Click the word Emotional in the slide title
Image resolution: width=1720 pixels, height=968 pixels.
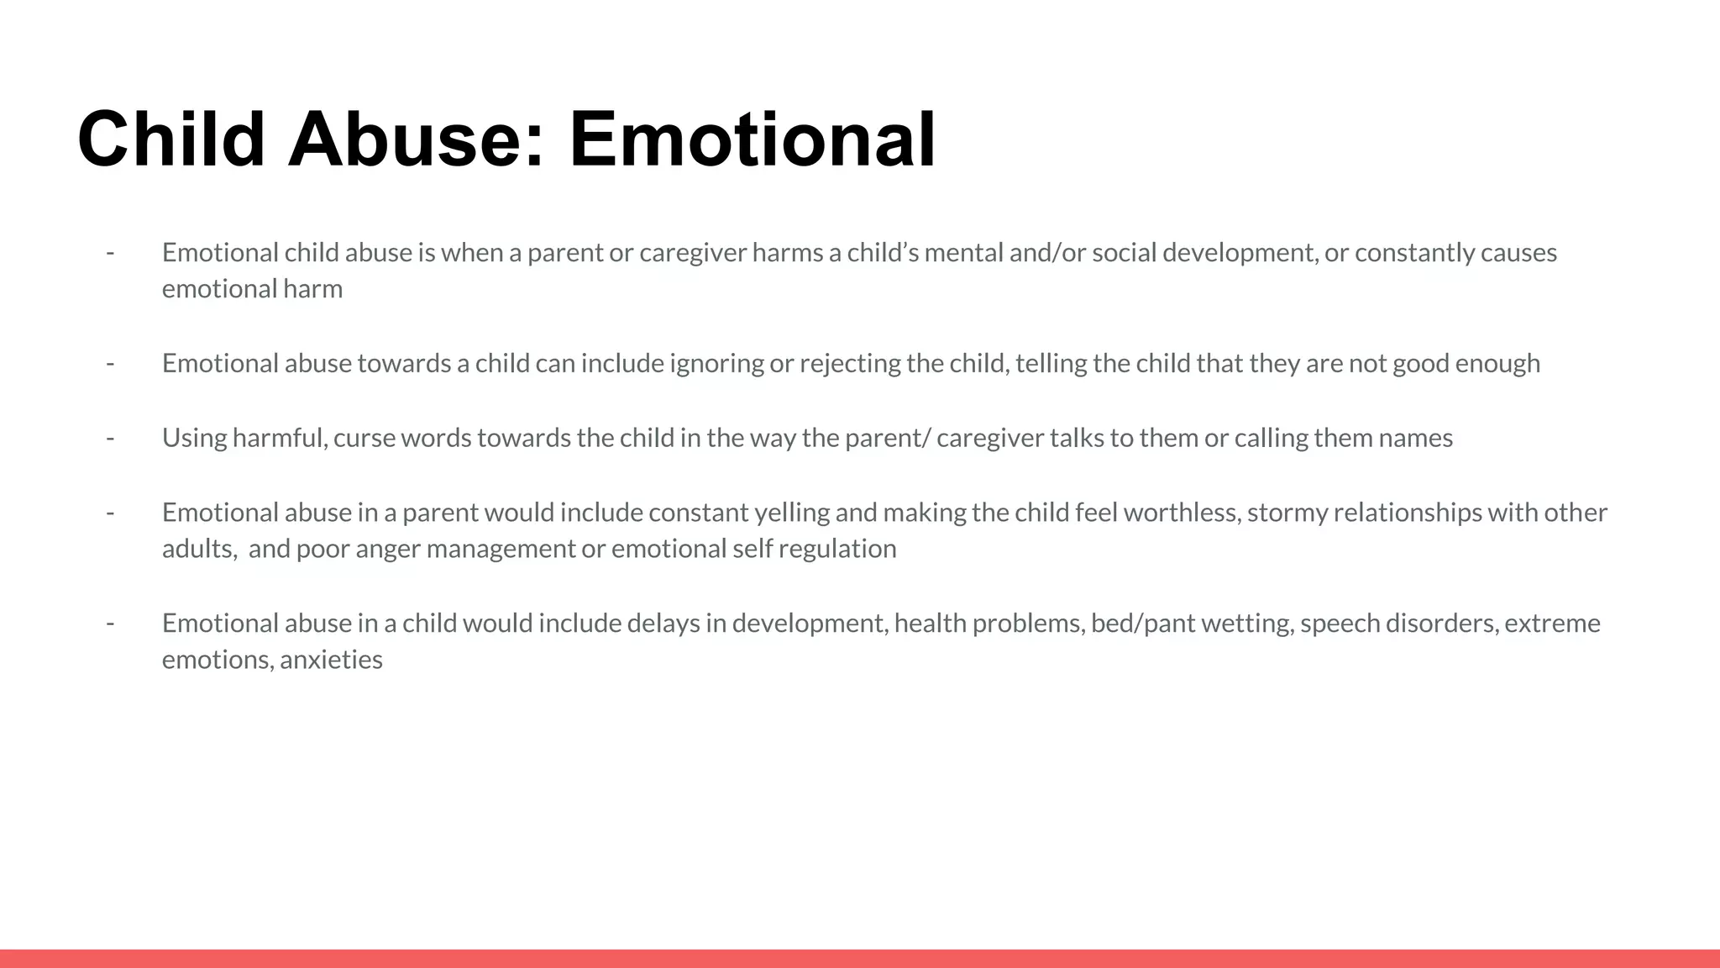click(752, 139)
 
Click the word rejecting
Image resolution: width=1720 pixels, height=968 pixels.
click(850, 363)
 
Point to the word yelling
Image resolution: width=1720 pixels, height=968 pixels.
click(792, 513)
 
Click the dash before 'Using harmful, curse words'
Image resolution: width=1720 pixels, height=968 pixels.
click(110, 438)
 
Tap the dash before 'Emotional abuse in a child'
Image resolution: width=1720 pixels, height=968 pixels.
click(110, 623)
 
